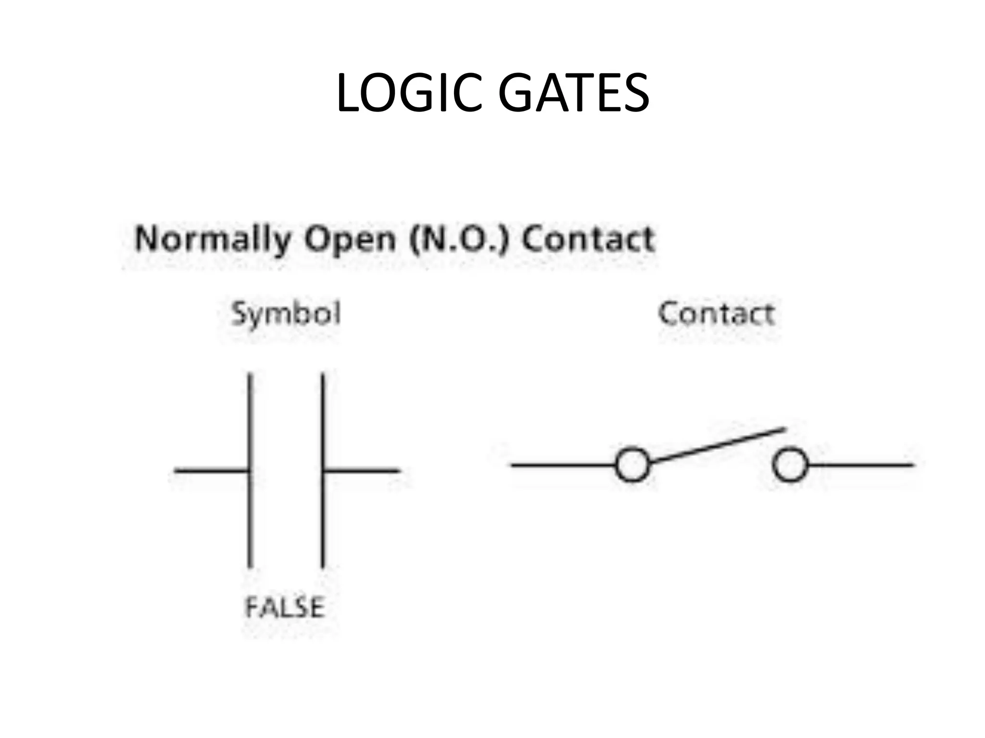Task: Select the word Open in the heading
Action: [350, 239]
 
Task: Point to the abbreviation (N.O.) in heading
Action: [458, 239]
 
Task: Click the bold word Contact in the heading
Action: [588, 239]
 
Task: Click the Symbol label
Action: [286, 313]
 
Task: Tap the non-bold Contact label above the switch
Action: [716, 314]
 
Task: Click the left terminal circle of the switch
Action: [632, 465]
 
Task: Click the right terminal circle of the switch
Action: [790, 465]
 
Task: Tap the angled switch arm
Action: [717, 445]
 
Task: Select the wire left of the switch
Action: [563, 465]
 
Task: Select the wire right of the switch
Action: [861, 465]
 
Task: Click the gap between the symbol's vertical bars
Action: [286, 470]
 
